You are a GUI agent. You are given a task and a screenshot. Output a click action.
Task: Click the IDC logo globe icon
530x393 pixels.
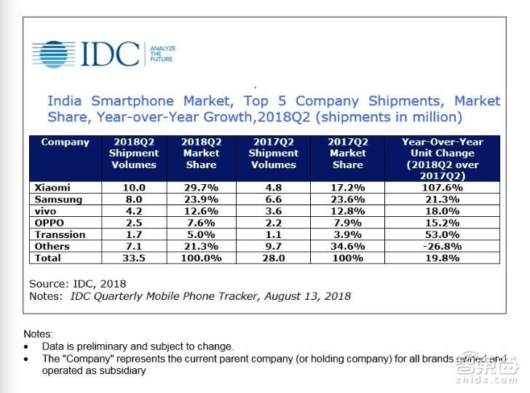coord(54,55)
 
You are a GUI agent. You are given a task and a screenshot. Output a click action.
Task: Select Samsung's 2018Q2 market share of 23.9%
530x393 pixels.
coord(200,199)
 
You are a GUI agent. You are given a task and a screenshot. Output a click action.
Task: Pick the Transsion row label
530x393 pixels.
coord(60,234)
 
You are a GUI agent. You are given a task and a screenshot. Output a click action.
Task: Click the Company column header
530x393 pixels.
coord(66,142)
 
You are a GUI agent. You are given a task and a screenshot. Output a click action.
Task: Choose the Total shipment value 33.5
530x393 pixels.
coord(133,258)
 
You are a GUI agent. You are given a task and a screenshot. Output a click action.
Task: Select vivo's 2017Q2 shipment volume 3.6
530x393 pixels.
coord(273,211)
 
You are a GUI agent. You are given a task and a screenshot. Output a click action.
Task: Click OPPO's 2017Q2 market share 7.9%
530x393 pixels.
coord(347,223)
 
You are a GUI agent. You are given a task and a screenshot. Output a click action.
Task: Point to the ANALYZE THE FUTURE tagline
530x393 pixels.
coord(162,54)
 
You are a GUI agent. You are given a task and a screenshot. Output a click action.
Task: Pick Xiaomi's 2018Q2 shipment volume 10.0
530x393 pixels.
coord(133,188)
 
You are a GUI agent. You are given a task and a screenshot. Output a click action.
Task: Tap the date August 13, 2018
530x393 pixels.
coord(305,296)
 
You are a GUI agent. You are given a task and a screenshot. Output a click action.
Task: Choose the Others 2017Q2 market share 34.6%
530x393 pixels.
coord(347,246)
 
